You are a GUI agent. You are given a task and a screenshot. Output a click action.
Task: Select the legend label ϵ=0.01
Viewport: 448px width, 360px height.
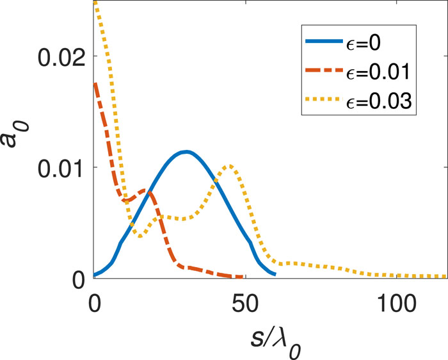click(382, 74)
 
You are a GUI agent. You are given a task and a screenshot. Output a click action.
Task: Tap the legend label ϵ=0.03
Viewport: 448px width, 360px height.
click(382, 101)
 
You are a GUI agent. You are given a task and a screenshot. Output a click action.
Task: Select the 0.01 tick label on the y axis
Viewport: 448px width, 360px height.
click(61, 168)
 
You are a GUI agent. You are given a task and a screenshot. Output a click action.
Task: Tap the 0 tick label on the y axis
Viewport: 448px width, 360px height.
click(77, 279)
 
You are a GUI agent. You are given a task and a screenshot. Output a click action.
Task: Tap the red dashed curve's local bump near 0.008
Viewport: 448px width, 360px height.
click(146, 190)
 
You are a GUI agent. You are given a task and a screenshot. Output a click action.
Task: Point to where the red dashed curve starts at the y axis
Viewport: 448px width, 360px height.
click(95, 83)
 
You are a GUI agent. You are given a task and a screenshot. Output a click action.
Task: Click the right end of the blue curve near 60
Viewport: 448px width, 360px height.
click(275, 274)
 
